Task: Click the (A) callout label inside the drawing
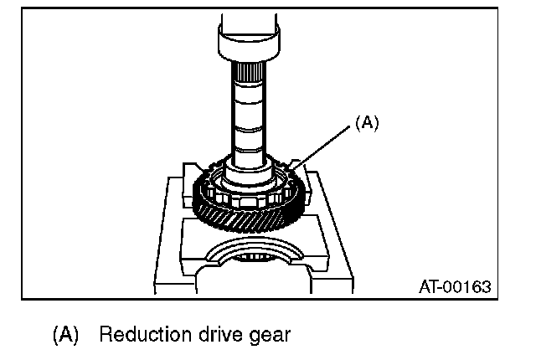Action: tap(367, 122)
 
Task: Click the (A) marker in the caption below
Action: tap(65, 336)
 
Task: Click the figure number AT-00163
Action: tap(454, 287)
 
